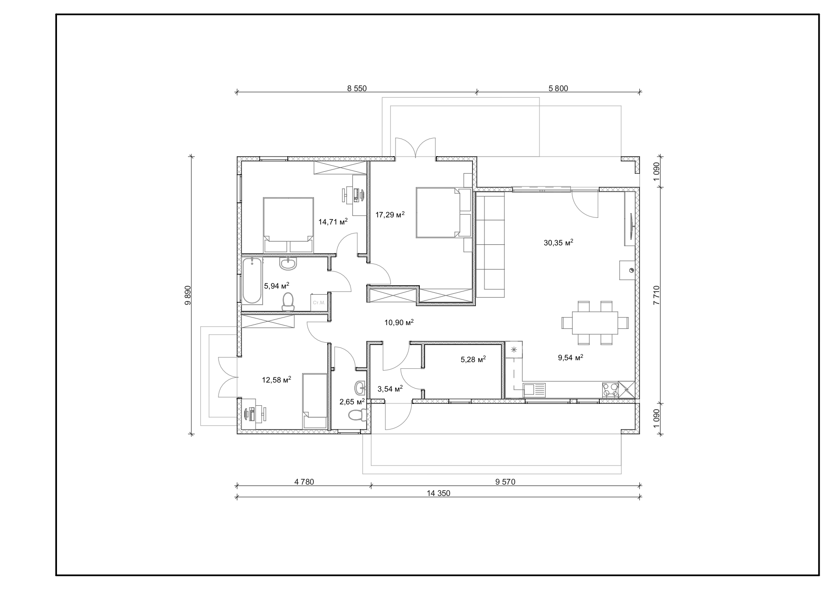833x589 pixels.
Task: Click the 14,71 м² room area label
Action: (333, 221)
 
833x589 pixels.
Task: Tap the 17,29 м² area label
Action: (390, 215)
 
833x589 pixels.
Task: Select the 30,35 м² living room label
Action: (558, 243)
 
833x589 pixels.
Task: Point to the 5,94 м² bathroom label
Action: (276, 286)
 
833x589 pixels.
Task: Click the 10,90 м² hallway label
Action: (399, 323)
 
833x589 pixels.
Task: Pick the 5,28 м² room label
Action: (473, 360)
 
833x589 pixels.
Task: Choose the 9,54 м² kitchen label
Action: (570, 357)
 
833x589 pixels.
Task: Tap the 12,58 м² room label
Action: (276, 380)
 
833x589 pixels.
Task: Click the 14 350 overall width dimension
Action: (438, 493)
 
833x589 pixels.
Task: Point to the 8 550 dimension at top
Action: (357, 88)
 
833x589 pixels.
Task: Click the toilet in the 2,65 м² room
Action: (357, 415)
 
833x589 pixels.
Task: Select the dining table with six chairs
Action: (595, 323)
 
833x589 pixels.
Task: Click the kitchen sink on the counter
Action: (534, 390)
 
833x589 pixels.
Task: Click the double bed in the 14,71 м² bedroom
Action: (289, 225)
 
